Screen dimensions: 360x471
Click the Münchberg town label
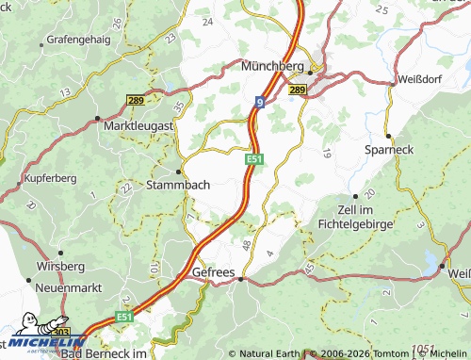click(x=271, y=67)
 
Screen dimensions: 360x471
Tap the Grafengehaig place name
click(x=78, y=41)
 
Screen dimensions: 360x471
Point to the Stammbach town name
click(x=178, y=186)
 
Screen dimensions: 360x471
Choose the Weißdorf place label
click(x=425, y=80)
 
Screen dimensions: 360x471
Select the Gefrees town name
click(x=212, y=271)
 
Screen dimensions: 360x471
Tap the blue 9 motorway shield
click(x=258, y=100)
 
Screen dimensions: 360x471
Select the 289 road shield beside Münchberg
click(x=299, y=90)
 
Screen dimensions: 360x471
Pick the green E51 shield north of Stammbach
click(x=254, y=160)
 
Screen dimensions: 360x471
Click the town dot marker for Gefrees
click(x=241, y=279)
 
